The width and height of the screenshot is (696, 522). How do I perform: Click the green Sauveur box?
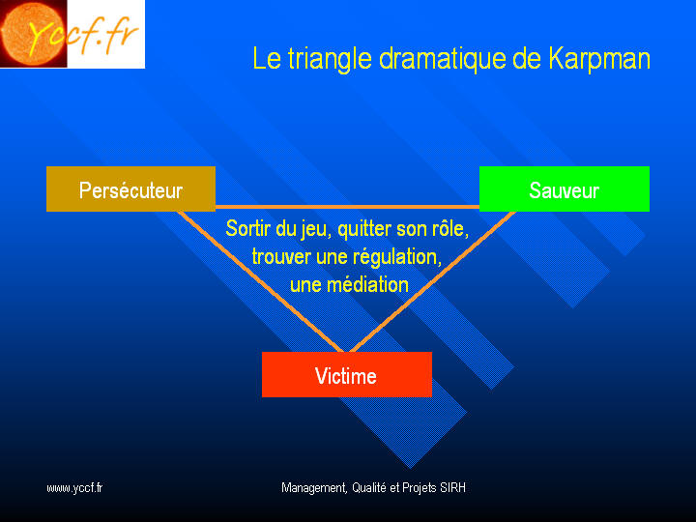click(x=565, y=189)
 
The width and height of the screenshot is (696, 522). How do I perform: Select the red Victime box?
click(x=347, y=375)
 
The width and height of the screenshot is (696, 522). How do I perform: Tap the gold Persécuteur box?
click(x=130, y=189)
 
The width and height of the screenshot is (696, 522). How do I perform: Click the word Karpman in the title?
click(x=599, y=59)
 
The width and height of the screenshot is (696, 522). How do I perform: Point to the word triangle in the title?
click(x=330, y=59)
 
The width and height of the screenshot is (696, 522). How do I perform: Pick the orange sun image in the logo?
click(x=33, y=33)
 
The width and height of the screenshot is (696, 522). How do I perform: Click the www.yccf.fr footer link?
click(x=74, y=488)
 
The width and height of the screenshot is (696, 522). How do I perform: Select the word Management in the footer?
click(x=314, y=488)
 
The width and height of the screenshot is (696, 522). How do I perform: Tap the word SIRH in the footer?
click(x=452, y=487)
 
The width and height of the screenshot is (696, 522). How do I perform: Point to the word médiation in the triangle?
click(x=367, y=284)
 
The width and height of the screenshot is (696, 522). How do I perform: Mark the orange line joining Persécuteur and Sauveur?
click(x=348, y=207)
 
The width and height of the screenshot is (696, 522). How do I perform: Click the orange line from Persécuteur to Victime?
click(x=260, y=282)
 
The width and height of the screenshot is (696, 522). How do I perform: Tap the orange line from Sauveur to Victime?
click(x=433, y=282)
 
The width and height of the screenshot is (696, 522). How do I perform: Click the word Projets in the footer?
click(x=419, y=488)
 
